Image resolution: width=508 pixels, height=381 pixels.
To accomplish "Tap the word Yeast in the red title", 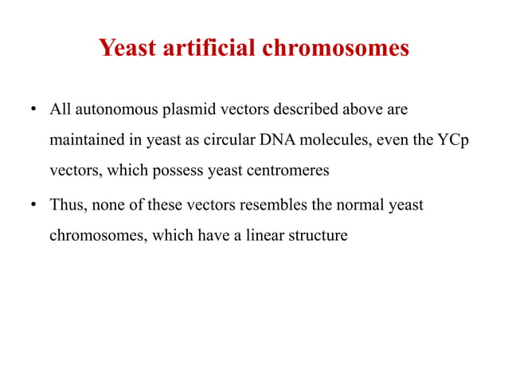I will coord(126,49).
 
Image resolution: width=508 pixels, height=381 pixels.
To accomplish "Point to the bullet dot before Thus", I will coord(33,206).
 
